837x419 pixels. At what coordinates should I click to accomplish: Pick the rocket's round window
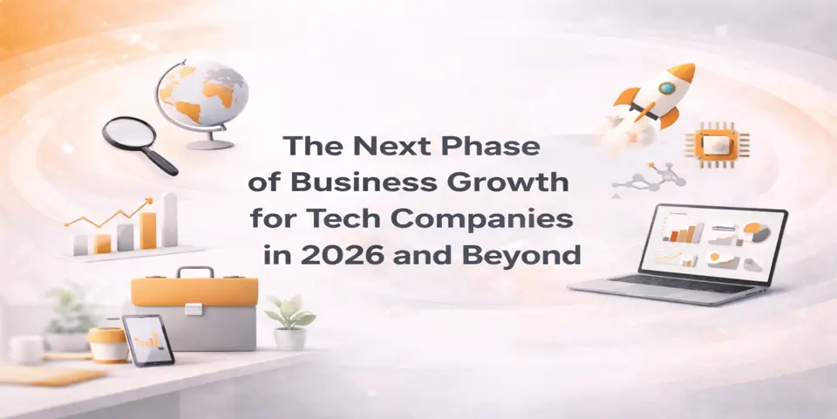(667, 87)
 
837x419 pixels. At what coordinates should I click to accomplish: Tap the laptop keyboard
(663, 284)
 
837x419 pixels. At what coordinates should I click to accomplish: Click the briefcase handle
(195, 272)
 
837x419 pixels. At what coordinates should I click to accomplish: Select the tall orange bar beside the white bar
(148, 229)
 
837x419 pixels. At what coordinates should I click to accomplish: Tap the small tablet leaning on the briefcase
(148, 339)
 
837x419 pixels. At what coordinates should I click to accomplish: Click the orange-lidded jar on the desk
(107, 344)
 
